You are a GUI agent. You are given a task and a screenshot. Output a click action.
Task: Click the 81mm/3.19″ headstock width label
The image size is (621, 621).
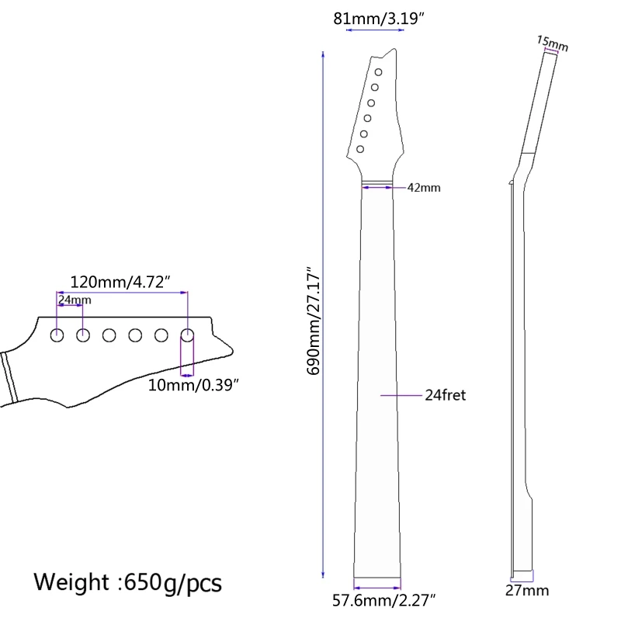click(x=379, y=19)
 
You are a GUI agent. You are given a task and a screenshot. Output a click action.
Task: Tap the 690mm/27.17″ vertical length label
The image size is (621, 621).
click(x=314, y=321)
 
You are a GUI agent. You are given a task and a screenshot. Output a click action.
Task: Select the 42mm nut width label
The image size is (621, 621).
click(x=424, y=187)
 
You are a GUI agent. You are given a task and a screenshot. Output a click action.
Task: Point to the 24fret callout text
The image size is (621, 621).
click(x=445, y=395)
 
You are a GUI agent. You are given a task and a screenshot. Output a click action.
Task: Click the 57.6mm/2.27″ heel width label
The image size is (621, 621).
click(x=383, y=600)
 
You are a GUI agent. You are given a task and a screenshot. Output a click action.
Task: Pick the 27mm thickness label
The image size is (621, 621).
click(x=527, y=591)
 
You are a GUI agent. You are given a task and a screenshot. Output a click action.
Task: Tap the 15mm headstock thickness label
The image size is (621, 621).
click(x=553, y=43)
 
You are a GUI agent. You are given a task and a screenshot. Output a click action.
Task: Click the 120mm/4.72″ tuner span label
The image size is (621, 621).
click(x=120, y=282)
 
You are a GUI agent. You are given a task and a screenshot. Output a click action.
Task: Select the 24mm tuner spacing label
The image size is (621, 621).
click(x=75, y=300)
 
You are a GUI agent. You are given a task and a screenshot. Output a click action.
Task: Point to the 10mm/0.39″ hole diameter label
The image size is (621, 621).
click(x=193, y=385)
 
